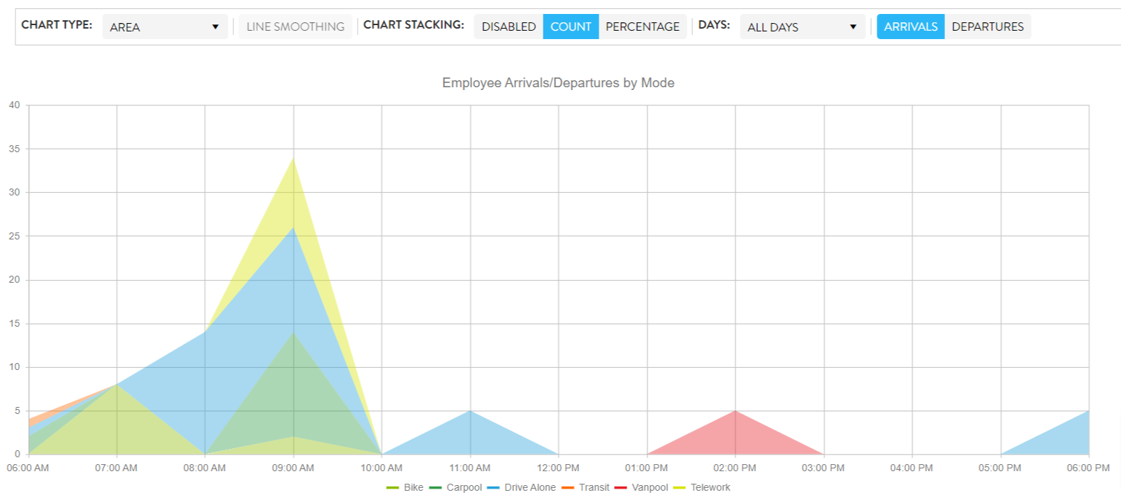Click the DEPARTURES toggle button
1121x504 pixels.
(x=987, y=27)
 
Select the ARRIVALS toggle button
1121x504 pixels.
(x=910, y=27)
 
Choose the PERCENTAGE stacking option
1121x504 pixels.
(x=642, y=27)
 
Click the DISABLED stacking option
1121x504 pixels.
(x=508, y=27)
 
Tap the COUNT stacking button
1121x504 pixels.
(x=570, y=27)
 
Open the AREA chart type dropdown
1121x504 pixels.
(x=164, y=27)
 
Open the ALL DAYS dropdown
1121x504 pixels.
(x=802, y=27)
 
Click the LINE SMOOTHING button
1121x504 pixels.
(x=295, y=27)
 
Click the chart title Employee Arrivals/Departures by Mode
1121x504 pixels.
(x=558, y=82)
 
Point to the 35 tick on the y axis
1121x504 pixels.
(x=15, y=149)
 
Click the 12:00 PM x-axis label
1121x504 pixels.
(x=558, y=468)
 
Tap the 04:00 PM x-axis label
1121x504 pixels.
(x=911, y=468)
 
